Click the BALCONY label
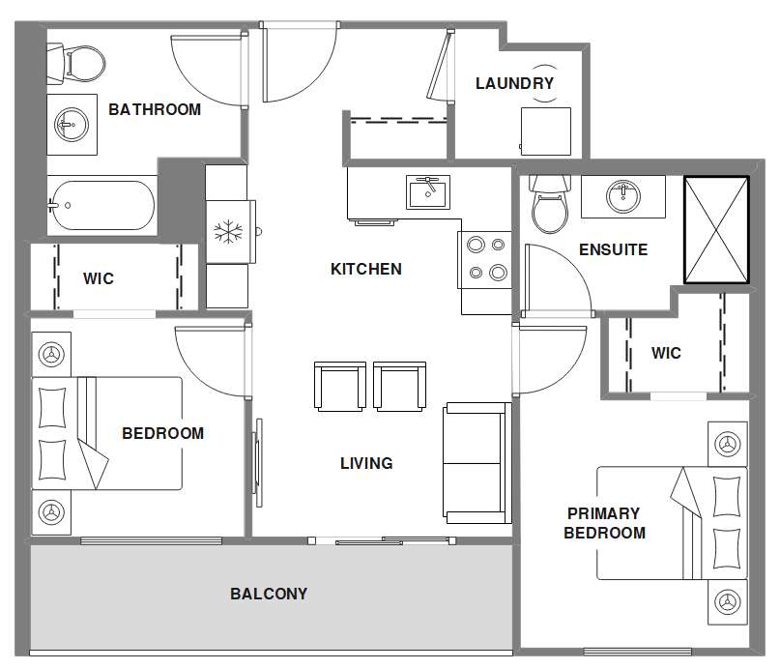(x=269, y=594)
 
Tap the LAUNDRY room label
(x=514, y=83)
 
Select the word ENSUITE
(x=614, y=249)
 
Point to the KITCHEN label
(x=366, y=269)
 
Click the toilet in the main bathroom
(x=76, y=64)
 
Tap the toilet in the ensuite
(x=550, y=204)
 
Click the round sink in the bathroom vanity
(x=72, y=125)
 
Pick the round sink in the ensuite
(x=622, y=196)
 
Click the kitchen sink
(x=428, y=191)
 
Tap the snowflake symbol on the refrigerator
(x=228, y=232)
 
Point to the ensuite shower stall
(x=716, y=230)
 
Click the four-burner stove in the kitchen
(x=484, y=259)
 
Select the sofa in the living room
(x=477, y=462)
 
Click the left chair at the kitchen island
(x=340, y=386)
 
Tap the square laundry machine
(x=546, y=131)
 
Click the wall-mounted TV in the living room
(x=257, y=462)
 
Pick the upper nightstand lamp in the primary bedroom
(x=727, y=444)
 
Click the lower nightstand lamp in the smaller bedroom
(x=51, y=511)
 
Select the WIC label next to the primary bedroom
(x=666, y=353)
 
